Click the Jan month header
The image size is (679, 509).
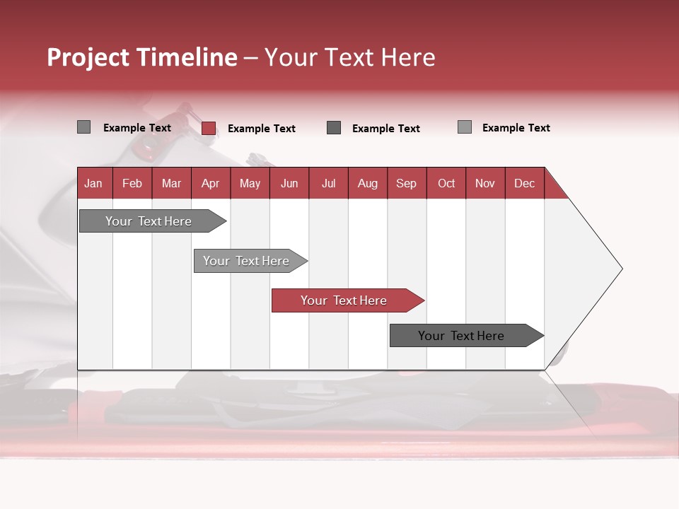pos(93,184)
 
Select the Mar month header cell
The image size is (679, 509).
pos(171,184)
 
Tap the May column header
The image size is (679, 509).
pos(250,184)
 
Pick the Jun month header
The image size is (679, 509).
pos(289,184)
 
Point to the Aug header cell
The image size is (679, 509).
pos(367,184)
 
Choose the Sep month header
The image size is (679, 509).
pos(406,184)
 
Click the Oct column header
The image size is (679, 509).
pos(446,184)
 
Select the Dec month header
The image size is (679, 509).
pos(524,184)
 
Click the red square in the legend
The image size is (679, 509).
pos(209,128)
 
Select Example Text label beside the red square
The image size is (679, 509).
pos(261,129)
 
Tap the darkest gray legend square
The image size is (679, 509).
pos(334,128)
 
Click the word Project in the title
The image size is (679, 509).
pos(88,58)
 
